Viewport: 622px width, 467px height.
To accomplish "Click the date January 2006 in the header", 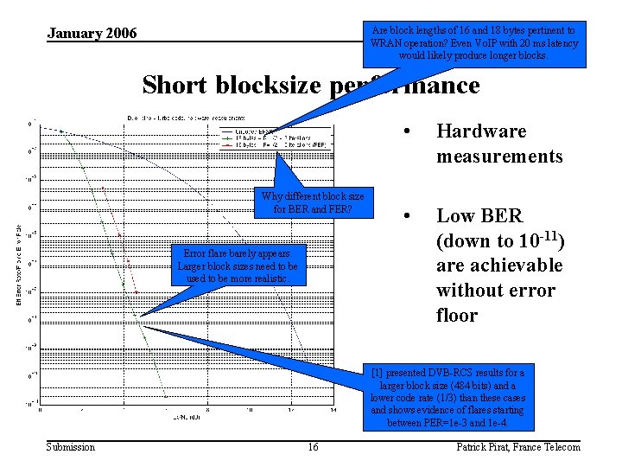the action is click(92, 34).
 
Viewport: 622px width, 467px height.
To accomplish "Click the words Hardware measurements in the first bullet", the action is click(499, 144).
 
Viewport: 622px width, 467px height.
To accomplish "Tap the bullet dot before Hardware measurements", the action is click(406, 131).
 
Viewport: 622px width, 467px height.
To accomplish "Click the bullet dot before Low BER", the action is click(406, 216).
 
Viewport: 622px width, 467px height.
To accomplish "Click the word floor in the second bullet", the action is click(457, 315).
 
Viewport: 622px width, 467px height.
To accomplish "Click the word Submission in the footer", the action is click(70, 446).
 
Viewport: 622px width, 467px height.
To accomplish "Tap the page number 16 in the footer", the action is click(313, 446).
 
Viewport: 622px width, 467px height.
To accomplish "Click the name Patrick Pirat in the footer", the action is click(484, 446).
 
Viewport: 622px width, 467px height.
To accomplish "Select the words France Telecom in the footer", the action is click(549, 446).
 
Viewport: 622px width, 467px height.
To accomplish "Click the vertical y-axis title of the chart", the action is click(20, 264).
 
